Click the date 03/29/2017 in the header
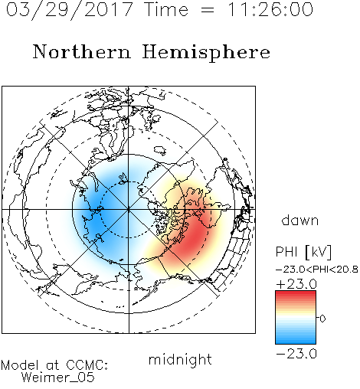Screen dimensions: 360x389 click(69, 10)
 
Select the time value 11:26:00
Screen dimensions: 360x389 click(270, 9)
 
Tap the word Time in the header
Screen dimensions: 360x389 click(166, 9)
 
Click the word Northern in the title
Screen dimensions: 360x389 click(82, 52)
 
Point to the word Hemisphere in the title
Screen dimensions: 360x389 click(206, 53)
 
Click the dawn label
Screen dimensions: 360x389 click(300, 220)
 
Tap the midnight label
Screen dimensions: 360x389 click(180, 359)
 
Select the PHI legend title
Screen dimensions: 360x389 click(286, 252)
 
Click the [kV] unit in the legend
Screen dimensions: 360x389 click(318, 252)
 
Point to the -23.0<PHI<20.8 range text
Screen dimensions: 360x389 click(317, 270)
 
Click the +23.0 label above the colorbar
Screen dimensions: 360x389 click(296, 284)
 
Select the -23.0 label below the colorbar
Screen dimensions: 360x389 click(296, 354)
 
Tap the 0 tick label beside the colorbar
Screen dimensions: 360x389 click(322, 319)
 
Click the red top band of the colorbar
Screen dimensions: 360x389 click(296, 294)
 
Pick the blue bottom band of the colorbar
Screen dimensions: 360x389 click(296, 341)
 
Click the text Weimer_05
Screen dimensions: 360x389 click(58, 378)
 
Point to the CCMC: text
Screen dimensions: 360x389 click(87, 365)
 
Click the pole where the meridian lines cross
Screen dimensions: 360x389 click(129, 209)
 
